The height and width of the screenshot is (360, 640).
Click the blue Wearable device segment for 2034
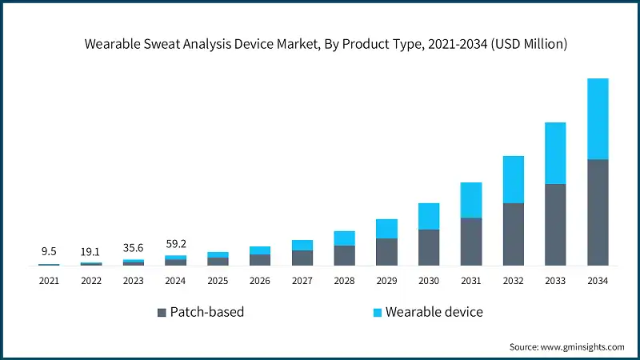click(598, 118)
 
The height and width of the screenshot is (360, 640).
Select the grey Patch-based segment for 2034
click(598, 212)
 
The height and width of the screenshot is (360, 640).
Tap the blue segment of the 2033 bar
click(555, 153)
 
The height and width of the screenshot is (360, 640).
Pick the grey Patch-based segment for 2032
click(514, 234)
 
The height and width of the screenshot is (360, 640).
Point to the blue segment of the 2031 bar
click(471, 200)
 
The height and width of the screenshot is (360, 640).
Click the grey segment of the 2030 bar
click(429, 247)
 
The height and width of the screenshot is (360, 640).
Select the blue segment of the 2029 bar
click(386, 229)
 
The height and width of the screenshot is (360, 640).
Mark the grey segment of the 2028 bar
click(344, 255)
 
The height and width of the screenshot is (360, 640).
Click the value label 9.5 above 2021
click(49, 251)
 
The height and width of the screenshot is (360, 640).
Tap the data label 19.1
click(91, 250)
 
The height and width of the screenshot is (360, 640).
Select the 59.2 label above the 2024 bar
click(176, 243)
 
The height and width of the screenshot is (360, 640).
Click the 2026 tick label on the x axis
click(260, 281)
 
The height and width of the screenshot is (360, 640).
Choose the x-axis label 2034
click(598, 281)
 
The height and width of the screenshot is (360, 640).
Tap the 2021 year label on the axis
click(49, 281)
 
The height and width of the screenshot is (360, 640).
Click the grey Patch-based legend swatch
click(162, 312)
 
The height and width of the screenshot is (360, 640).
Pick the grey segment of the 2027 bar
click(302, 258)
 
